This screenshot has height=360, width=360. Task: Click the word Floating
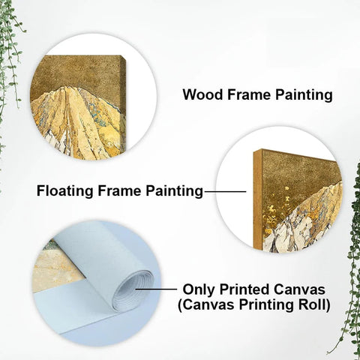coord(65,191)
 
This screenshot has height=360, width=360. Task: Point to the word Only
coord(200,289)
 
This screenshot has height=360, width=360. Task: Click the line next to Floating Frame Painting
coord(225,192)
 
